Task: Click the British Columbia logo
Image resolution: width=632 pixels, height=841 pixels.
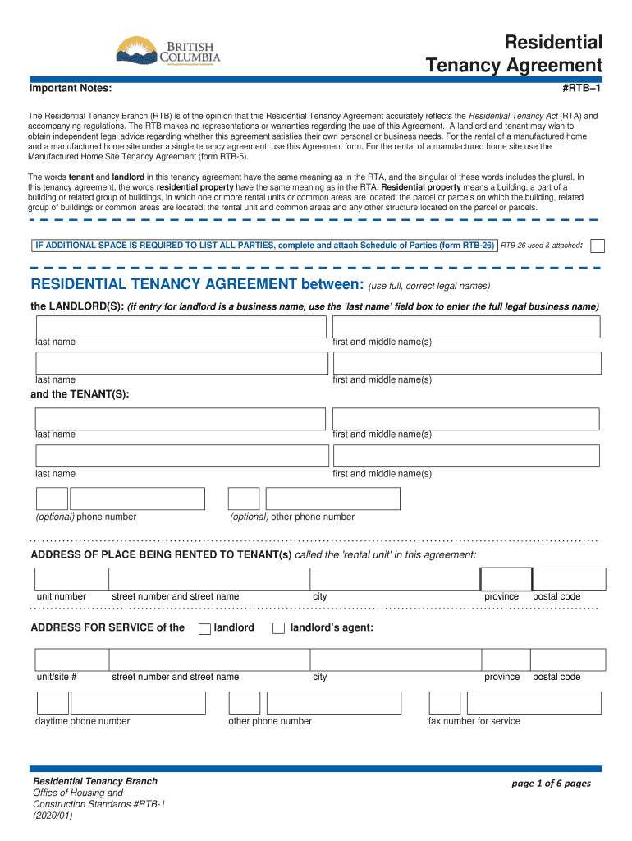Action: [x=167, y=54]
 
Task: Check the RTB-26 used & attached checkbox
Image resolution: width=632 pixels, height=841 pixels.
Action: [x=598, y=246]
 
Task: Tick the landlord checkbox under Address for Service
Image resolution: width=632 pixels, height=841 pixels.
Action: [x=204, y=628]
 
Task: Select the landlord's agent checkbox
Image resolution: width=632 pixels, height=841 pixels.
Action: [x=278, y=628]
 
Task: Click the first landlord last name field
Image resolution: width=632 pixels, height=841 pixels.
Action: [x=180, y=326]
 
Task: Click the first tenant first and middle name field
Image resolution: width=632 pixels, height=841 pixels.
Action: [x=466, y=418]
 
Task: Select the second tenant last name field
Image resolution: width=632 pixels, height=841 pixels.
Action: [x=180, y=456]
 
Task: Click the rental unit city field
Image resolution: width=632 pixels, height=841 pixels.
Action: [x=395, y=579]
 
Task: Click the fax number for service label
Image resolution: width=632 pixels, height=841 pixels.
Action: [x=474, y=721]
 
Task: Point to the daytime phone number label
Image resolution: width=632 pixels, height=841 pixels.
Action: [x=82, y=721]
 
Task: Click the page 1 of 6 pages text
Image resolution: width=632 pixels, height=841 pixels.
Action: [x=551, y=784]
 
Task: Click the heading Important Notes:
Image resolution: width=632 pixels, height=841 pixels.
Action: [x=71, y=88]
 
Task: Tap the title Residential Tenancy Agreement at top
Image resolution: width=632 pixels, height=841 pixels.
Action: [x=514, y=54]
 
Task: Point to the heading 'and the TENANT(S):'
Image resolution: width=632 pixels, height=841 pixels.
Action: [x=80, y=394]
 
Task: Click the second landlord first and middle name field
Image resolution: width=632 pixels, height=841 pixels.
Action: [x=466, y=363]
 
